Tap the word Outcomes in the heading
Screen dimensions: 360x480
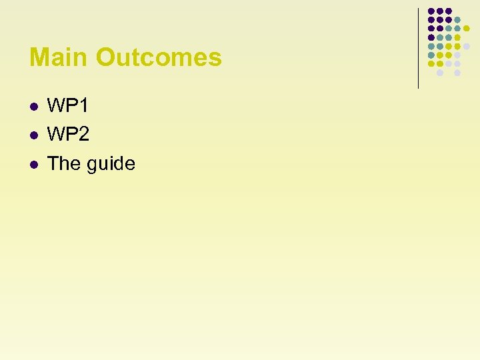point(159,57)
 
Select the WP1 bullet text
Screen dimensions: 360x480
point(68,106)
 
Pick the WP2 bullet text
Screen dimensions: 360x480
point(68,135)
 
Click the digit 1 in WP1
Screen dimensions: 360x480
point(84,106)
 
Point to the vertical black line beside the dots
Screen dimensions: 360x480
point(418,47)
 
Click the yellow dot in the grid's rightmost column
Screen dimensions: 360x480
point(467,28)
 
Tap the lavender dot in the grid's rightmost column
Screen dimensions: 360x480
point(467,46)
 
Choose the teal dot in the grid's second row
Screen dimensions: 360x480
point(457,19)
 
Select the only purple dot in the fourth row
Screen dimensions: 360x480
point(431,37)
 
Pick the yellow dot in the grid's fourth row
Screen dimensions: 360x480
point(457,37)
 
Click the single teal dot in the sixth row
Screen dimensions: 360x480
point(431,55)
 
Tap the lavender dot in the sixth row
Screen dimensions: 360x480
point(457,55)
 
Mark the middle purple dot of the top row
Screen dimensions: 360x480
point(440,11)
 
